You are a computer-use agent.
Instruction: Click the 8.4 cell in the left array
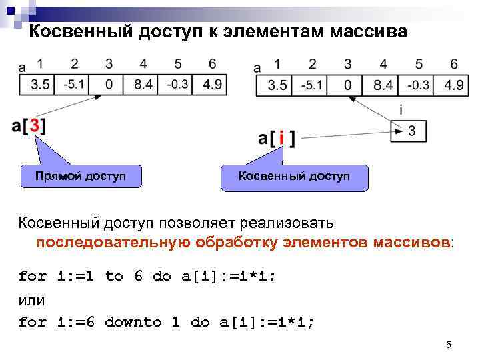pos(143,85)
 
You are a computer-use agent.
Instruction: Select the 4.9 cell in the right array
pos(453,85)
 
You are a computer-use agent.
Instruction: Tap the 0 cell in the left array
pos(108,85)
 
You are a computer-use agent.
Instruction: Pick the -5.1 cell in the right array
pos(312,85)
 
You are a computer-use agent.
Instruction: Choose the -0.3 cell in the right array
pos(418,85)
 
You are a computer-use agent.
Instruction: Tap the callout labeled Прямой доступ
pos(81,176)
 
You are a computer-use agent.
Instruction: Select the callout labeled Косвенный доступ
pos(295,176)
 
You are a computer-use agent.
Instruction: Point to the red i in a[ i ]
pos(281,139)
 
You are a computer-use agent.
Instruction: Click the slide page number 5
pos(449,345)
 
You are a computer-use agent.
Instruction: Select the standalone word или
pos(32,299)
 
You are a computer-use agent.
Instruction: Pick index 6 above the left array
pos(211,64)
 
